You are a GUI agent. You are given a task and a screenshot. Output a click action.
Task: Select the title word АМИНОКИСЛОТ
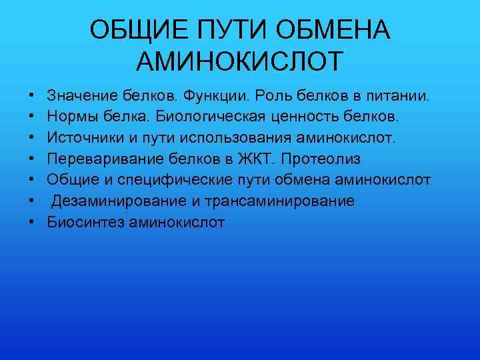pos(240,61)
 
